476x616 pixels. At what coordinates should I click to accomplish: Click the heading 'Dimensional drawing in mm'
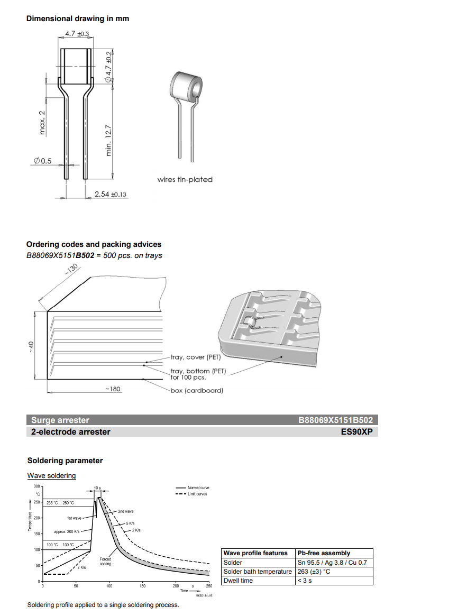(78, 19)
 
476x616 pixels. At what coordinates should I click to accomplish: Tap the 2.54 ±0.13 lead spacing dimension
(111, 195)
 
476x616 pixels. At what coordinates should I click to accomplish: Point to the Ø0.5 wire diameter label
(42, 161)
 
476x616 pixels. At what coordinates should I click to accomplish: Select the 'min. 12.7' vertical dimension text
(109, 140)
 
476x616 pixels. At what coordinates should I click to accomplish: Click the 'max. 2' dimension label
(43, 122)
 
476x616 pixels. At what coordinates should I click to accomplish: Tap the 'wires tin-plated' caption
(185, 180)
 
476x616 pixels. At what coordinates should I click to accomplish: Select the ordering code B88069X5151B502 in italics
(60, 255)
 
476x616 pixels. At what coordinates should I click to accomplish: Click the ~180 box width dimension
(112, 389)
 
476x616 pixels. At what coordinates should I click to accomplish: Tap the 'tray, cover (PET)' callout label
(195, 357)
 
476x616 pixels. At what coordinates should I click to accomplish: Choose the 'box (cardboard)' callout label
(196, 391)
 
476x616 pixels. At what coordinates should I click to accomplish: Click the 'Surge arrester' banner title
(60, 420)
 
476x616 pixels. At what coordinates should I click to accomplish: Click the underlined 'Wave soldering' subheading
(52, 476)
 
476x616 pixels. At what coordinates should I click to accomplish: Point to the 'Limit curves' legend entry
(197, 494)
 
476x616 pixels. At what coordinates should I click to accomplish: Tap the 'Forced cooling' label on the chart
(105, 561)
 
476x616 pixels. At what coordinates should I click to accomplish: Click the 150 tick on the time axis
(142, 586)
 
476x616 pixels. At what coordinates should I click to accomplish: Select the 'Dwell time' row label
(238, 581)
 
